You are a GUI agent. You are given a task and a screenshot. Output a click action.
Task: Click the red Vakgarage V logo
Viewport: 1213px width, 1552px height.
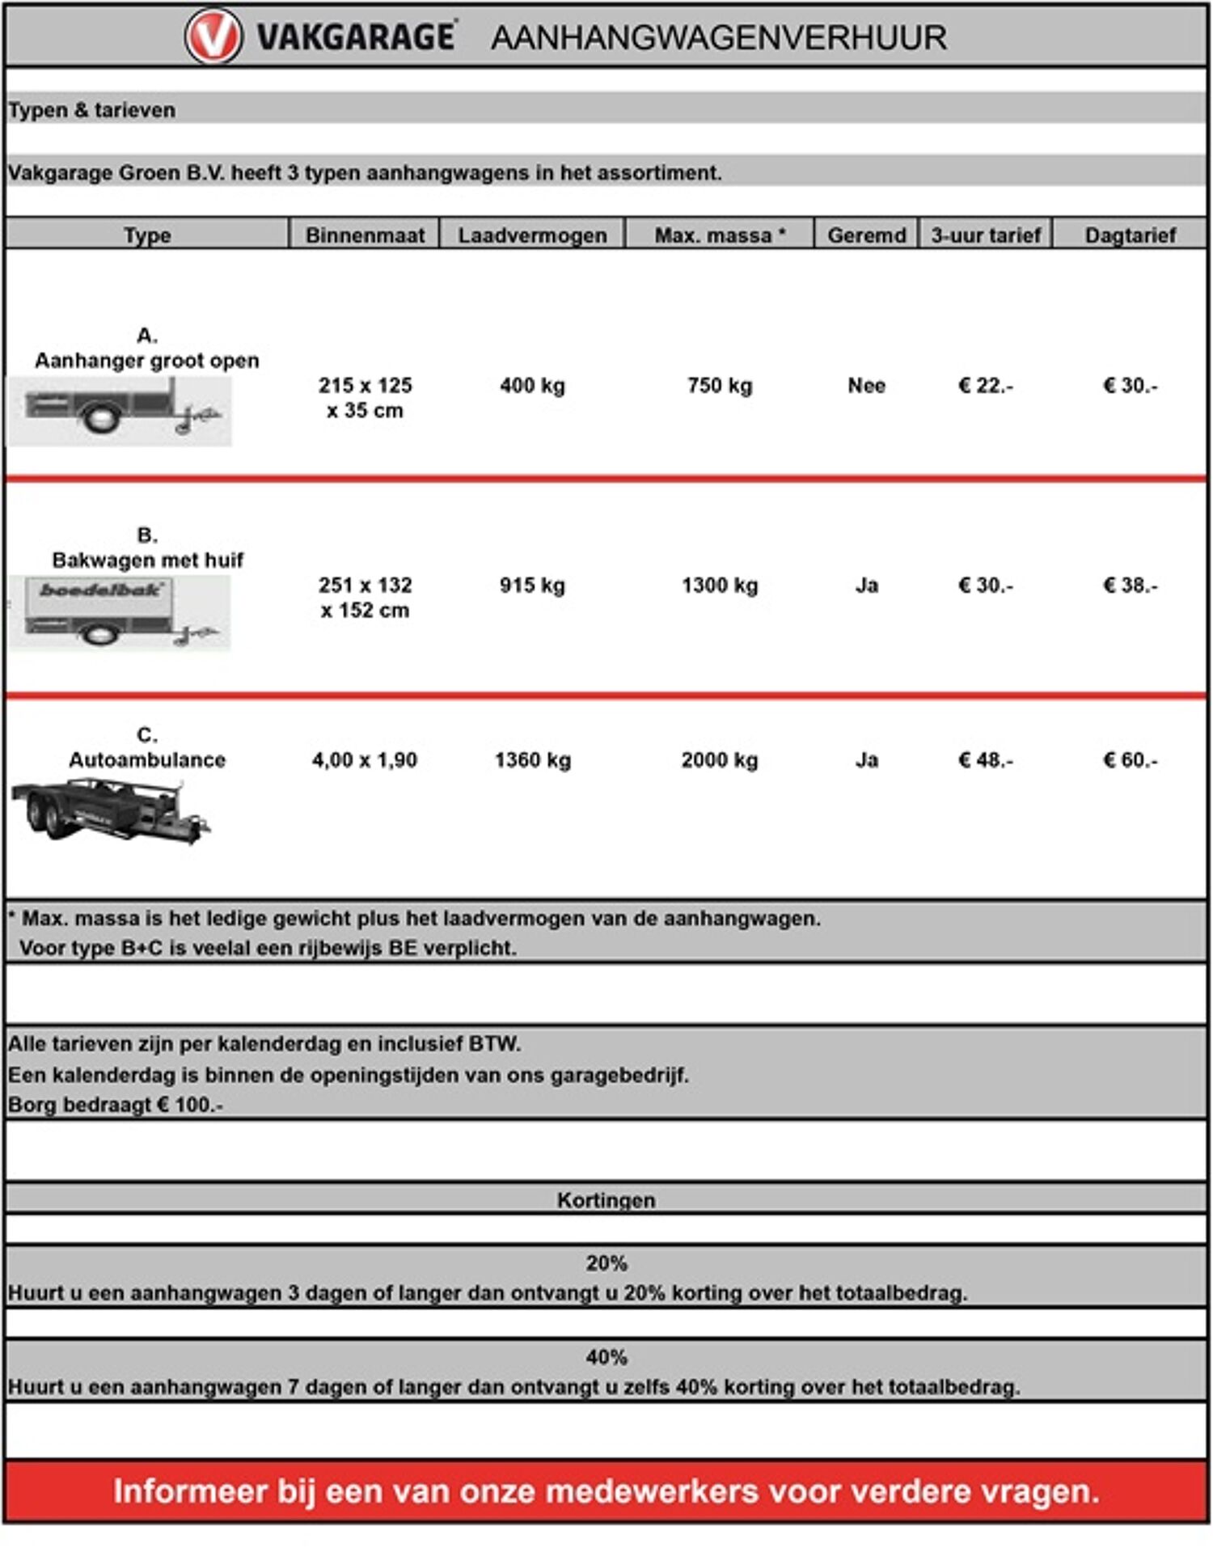click(213, 37)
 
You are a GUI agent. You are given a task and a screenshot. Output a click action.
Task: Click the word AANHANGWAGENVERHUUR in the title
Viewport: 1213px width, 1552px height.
click(718, 38)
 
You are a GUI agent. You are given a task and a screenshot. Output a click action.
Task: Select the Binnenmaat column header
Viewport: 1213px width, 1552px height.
click(365, 235)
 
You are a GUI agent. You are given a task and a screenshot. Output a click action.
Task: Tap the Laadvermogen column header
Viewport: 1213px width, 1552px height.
click(532, 235)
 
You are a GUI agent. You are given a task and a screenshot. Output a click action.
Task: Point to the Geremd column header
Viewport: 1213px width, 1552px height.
click(866, 235)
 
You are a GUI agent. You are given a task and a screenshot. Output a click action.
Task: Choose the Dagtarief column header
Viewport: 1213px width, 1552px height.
click(1130, 235)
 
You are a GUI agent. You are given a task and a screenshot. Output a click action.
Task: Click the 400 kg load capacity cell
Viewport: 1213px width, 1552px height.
click(532, 386)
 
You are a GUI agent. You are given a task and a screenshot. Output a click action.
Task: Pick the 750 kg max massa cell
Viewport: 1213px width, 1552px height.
click(720, 386)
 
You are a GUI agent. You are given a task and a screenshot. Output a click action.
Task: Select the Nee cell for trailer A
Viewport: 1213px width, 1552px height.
click(866, 386)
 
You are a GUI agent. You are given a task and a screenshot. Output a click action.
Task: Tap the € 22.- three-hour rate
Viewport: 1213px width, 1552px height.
click(985, 386)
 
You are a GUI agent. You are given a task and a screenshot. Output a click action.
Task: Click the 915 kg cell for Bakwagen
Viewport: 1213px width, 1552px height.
click(532, 586)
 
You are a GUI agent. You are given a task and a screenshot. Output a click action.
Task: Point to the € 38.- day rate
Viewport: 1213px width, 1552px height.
click(1130, 586)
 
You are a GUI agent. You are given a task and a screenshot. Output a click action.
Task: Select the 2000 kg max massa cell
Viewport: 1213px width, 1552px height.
click(720, 760)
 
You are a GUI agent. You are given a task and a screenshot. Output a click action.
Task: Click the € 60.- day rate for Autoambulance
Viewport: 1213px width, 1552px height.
click(1130, 760)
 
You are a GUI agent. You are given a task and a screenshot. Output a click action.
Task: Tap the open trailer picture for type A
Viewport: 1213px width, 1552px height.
click(120, 411)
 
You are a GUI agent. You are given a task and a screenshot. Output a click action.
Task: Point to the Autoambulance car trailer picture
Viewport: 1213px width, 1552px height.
click(112, 810)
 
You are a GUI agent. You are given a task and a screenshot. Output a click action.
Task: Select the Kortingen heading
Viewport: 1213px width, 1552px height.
click(606, 1200)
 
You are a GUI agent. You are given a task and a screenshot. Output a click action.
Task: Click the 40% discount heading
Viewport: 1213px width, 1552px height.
click(606, 1357)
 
